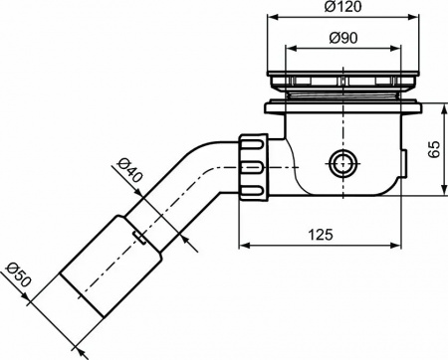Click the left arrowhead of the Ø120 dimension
coord(270,18)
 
